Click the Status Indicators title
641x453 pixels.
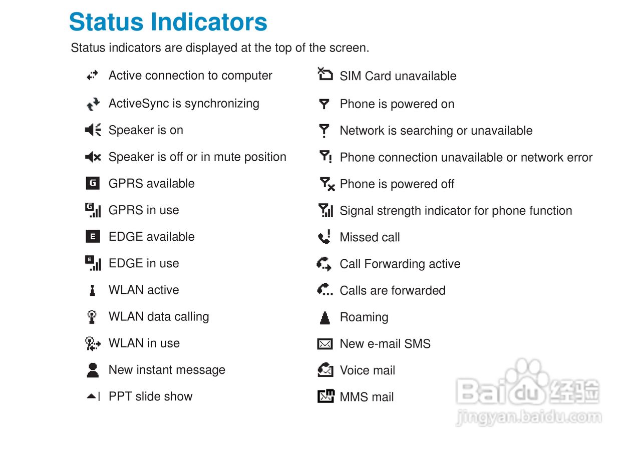coord(168,22)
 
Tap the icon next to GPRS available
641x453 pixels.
coord(93,183)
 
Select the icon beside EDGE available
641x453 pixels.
coord(93,236)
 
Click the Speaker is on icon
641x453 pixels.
coord(93,130)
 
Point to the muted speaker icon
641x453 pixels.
coord(93,157)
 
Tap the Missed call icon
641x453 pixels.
coord(325,236)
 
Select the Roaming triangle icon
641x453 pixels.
coord(325,317)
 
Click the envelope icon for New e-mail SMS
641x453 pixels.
coord(325,344)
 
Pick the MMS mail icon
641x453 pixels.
coord(326,396)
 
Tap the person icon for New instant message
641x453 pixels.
coord(93,370)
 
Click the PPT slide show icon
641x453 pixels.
coord(93,396)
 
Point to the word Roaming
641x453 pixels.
coord(364,317)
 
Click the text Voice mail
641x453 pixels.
coord(368,370)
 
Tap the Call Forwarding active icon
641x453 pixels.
coord(324,264)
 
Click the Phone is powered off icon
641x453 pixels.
coord(327,184)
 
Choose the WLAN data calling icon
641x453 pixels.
coord(92,317)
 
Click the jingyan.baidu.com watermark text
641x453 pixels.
coord(529,417)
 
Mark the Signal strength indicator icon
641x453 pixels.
coord(326,210)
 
